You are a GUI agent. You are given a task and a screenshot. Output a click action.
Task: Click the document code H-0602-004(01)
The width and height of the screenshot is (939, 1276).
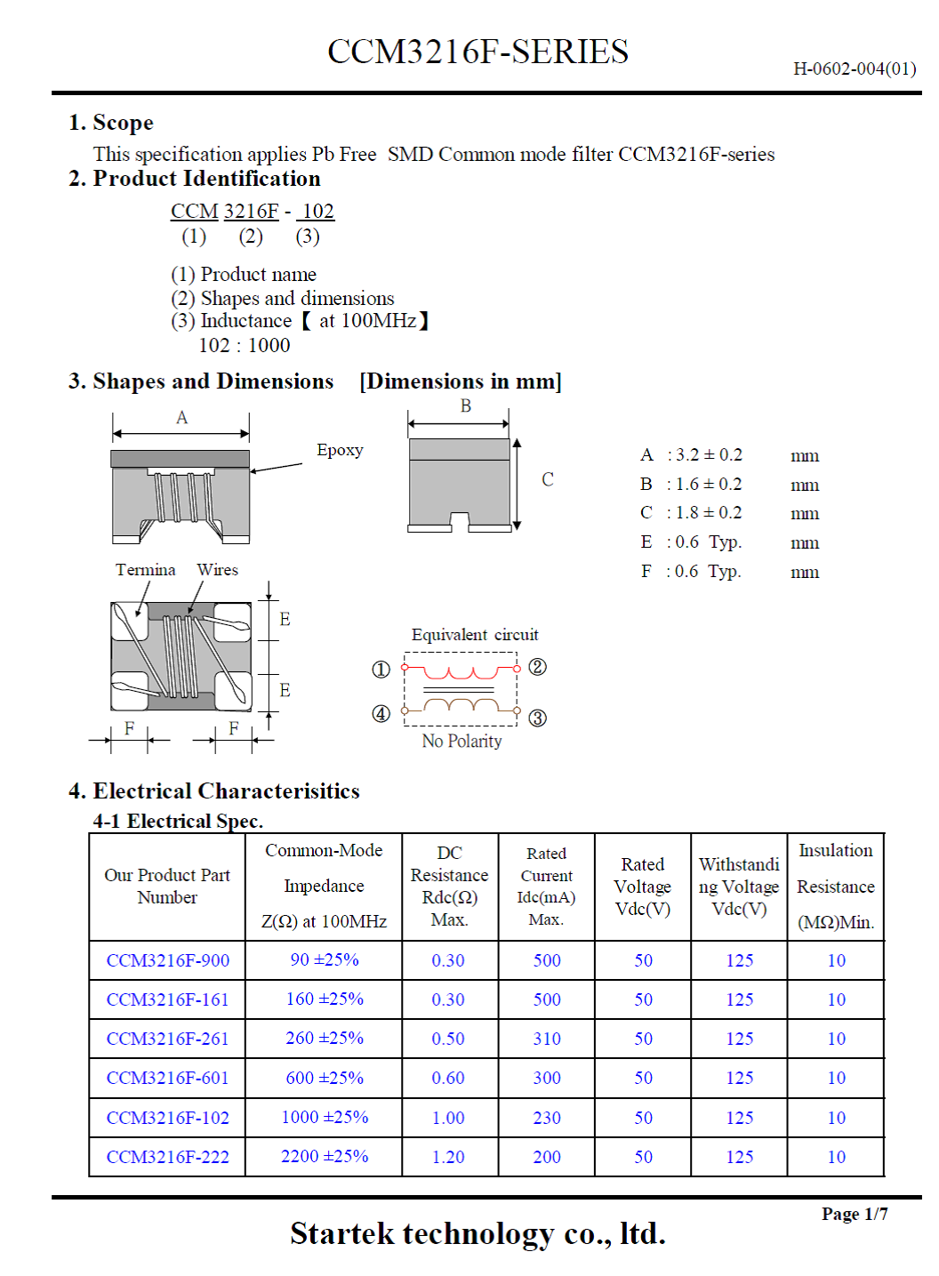[854, 68]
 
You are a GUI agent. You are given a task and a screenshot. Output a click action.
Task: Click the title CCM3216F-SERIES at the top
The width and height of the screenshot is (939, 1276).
[478, 52]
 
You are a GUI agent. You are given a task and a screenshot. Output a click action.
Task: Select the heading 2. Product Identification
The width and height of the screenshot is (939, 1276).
[195, 179]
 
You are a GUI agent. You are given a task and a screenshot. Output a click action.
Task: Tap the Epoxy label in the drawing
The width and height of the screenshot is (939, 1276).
[340, 450]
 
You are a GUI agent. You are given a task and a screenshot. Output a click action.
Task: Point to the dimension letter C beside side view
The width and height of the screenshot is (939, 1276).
[548, 479]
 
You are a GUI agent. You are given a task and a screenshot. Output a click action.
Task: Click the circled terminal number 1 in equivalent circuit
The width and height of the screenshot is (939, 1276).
[381, 670]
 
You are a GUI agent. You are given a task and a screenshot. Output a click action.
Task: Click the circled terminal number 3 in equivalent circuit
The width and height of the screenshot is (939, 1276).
[538, 718]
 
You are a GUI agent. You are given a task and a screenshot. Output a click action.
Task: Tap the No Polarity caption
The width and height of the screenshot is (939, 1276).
[461, 741]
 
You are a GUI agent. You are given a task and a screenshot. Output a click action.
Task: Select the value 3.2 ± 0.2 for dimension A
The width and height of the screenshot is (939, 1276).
[709, 455]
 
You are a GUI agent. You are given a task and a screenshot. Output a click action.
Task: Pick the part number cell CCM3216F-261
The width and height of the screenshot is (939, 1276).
[167, 1039]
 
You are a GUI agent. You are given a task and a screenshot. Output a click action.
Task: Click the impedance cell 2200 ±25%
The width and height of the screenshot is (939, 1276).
[325, 1156]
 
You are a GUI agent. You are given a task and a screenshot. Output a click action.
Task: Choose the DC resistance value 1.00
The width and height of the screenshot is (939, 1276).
[448, 1118]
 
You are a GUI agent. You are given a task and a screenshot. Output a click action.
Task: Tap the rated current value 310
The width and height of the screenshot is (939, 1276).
[547, 1039]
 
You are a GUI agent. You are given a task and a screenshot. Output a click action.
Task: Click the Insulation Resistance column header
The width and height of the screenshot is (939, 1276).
[836, 887]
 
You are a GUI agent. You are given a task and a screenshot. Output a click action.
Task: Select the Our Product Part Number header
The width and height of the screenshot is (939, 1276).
[167, 887]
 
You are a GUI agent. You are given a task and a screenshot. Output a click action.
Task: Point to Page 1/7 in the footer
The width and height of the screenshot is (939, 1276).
[854, 1214]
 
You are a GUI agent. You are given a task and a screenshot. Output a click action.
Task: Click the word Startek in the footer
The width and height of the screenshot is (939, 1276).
[342, 1233]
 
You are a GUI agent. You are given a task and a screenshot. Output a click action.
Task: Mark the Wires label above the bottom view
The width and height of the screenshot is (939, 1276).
[217, 570]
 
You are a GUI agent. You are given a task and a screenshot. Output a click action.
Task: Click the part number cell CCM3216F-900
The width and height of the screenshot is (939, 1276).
[167, 960]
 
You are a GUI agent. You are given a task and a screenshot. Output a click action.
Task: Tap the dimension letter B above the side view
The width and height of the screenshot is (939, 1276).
[465, 406]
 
